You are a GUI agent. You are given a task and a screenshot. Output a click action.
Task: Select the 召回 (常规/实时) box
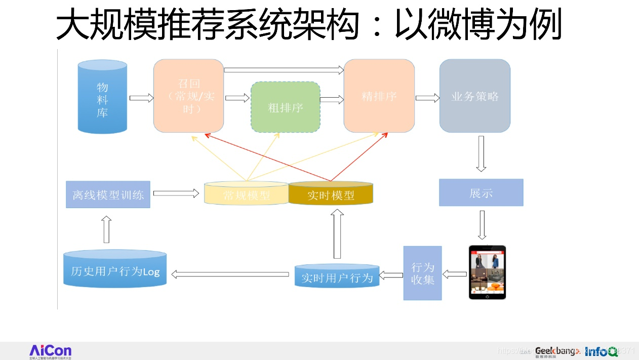[x=188, y=95]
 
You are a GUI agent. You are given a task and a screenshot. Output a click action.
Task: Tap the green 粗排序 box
[x=286, y=107]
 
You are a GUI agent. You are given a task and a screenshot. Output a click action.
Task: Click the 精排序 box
[x=379, y=96]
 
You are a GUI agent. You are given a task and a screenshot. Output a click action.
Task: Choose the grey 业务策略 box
[x=474, y=96]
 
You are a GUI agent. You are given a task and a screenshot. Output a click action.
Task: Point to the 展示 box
[x=481, y=192]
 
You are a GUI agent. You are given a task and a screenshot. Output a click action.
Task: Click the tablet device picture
[x=487, y=272]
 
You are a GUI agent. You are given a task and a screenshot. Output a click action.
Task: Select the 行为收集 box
[x=422, y=273]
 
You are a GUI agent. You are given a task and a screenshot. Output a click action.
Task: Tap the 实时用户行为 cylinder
[x=337, y=276]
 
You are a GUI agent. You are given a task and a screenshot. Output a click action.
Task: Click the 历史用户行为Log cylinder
[x=115, y=269]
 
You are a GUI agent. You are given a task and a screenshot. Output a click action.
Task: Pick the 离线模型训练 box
[x=108, y=194]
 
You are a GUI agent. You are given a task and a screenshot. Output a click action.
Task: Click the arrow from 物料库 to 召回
[x=141, y=98]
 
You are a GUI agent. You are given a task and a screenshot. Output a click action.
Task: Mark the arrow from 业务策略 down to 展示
[x=481, y=153]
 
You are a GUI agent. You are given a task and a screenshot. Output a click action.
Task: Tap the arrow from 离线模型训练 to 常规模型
[x=176, y=193]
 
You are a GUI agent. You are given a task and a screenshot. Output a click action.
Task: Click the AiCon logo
[x=50, y=351]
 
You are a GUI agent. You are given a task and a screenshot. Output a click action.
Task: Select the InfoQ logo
[x=601, y=351]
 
